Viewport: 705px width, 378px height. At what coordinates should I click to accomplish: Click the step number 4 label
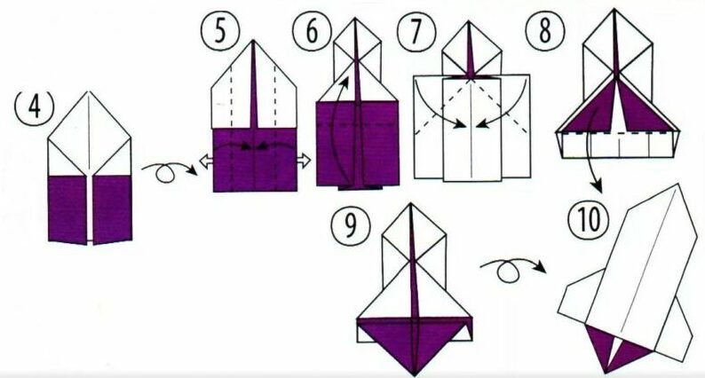click(34, 106)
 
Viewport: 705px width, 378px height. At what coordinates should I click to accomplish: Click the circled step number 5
click(220, 30)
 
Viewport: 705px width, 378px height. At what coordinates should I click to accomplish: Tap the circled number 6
click(312, 30)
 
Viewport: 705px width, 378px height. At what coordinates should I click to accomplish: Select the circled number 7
click(416, 31)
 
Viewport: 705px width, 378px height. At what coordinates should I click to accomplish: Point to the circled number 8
click(544, 29)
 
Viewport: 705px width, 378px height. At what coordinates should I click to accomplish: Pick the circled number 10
click(588, 219)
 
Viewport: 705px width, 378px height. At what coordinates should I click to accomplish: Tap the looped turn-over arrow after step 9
click(511, 268)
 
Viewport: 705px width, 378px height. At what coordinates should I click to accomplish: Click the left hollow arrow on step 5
click(206, 161)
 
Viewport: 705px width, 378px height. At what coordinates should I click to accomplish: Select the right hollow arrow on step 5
click(304, 160)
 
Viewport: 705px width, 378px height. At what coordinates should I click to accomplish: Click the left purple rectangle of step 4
click(67, 209)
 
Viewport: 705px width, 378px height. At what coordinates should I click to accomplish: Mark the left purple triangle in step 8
click(592, 109)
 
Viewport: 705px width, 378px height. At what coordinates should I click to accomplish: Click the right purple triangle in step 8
click(642, 110)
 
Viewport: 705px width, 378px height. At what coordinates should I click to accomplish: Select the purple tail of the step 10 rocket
click(616, 348)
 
